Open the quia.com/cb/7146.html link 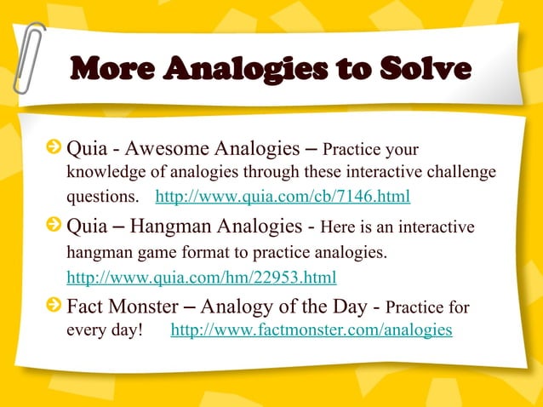(283, 198)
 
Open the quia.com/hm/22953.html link (201, 278)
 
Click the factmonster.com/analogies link (312, 330)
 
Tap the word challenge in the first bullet (460, 173)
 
